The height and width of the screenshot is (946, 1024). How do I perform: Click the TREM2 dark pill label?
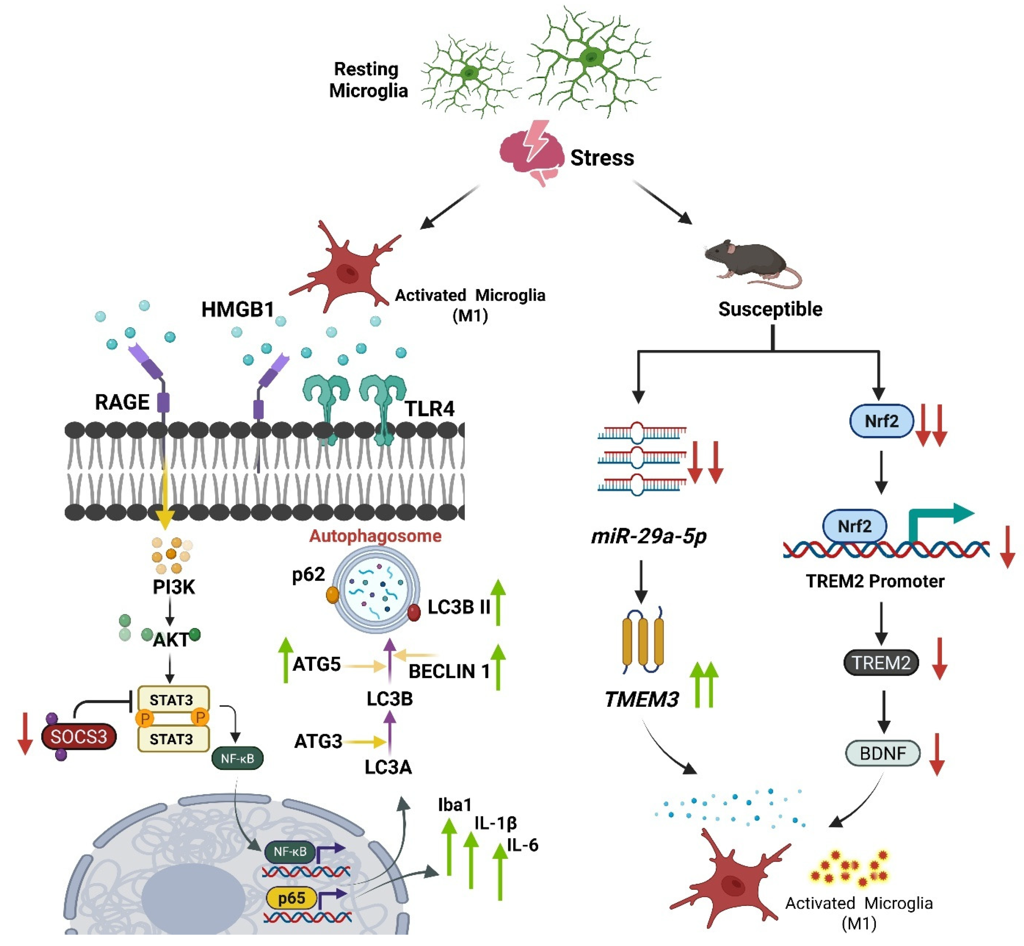[x=881, y=662]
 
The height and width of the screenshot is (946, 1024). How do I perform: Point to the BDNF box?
[x=882, y=753]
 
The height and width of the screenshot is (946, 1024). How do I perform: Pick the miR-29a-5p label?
[x=648, y=536]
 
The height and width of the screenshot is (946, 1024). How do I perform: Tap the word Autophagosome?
[x=375, y=536]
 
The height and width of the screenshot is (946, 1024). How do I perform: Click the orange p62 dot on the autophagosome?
[x=333, y=594]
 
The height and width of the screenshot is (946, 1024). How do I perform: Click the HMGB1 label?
[x=237, y=309]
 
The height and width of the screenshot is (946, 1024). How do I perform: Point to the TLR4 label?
[x=429, y=408]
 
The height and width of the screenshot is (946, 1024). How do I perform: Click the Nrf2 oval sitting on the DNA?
[x=854, y=526]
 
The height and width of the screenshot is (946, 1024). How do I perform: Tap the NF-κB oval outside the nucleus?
[x=237, y=759]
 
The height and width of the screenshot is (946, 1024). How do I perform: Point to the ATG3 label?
[x=318, y=741]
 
